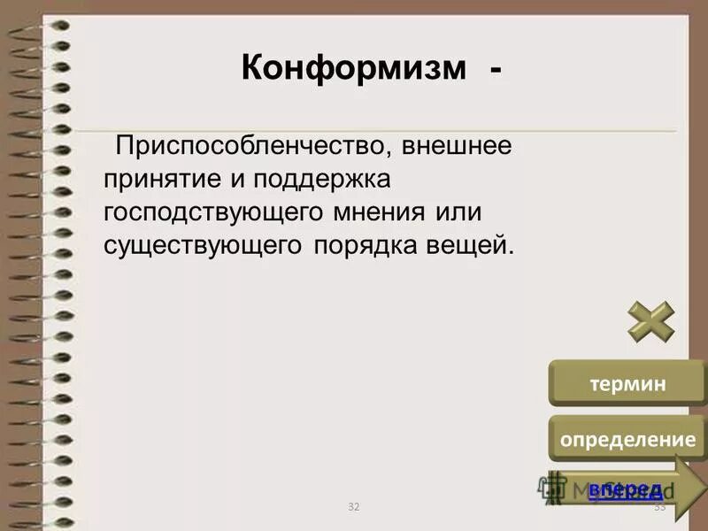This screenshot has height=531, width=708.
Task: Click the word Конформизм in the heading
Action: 353,68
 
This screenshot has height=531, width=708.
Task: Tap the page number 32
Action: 354,506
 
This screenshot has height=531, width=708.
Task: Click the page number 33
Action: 659,506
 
